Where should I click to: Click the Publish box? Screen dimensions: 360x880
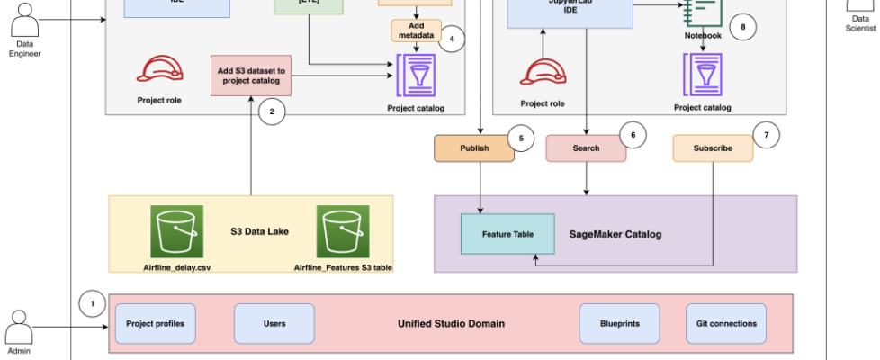coord(474,148)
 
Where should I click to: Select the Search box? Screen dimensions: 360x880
coord(586,148)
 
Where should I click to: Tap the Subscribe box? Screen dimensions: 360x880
coord(713,148)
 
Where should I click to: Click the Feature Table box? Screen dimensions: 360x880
coord(507,234)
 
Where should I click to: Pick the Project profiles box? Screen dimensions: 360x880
coord(156,323)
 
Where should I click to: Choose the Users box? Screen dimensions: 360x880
coord(274,323)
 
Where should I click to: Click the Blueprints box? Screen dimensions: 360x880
coord(618,323)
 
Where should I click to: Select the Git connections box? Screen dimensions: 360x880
coord(726,323)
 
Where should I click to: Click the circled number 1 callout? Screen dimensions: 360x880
coord(92,304)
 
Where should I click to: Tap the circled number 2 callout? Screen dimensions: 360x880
coord(271,112)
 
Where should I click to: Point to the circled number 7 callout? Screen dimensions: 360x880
coord(765,134)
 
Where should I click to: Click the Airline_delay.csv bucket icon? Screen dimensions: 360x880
coord(177,232)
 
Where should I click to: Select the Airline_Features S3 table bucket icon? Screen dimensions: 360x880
coord(343,232)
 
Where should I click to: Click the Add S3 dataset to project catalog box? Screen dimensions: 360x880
coord(251,76)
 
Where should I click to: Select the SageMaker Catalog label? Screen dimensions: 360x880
coord(615,235)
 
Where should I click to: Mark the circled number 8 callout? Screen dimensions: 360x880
coord(742,27)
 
